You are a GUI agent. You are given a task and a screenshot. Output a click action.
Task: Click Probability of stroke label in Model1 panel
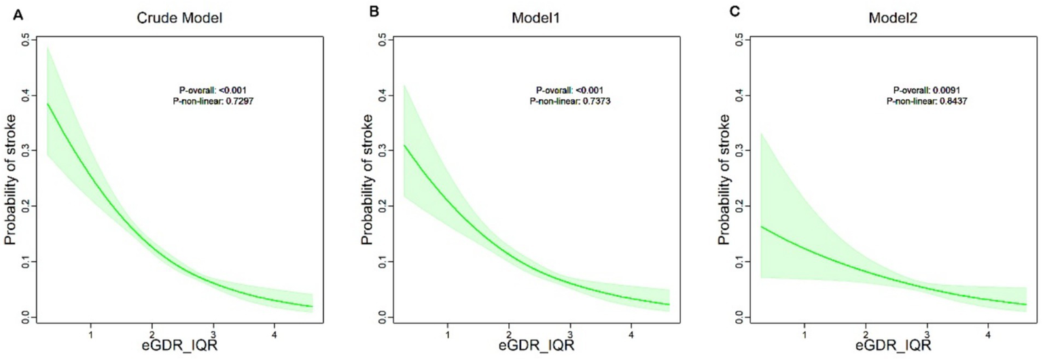tap(368, 179)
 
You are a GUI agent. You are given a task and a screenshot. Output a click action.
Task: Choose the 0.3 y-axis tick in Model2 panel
tap(739, 151)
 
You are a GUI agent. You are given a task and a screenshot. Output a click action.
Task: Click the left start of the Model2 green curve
tap(761, 226)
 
